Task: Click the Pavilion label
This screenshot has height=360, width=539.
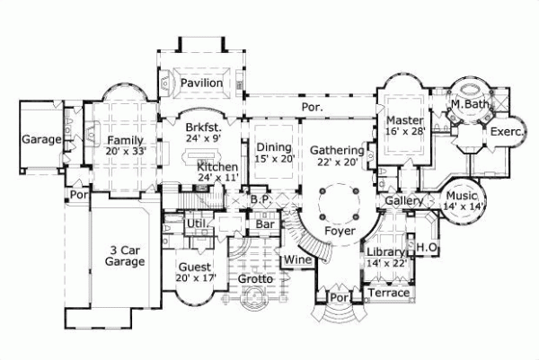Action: [201, 83]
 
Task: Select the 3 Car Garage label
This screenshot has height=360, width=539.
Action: [123, 256]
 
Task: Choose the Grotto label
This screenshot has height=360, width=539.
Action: [255, 279]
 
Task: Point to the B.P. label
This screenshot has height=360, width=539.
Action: [261, 198]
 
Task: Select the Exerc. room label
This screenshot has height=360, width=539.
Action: [501, 130]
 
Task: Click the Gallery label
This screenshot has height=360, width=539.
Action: [403, 201]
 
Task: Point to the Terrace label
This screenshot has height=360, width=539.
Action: [389, 293]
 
